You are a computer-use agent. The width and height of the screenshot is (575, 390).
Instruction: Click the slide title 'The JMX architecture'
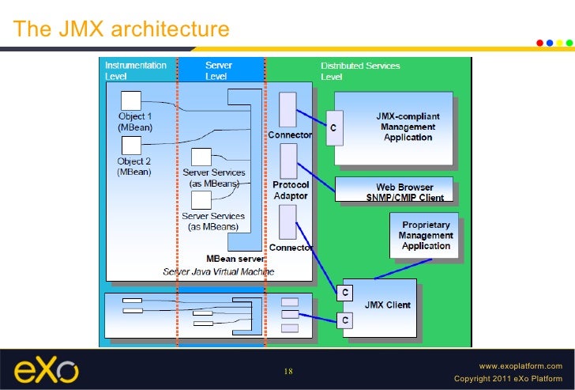coord(122,29)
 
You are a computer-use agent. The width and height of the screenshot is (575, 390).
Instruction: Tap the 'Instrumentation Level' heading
coord(136,71)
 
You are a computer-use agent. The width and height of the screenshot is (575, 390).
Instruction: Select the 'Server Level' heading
coord(218,71)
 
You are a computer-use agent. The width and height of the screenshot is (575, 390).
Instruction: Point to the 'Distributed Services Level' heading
coord(360,71)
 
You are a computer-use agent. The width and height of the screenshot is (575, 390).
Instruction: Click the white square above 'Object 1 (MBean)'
coord(130,101)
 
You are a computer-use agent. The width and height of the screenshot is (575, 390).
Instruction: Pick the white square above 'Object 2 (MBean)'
coord(130,145)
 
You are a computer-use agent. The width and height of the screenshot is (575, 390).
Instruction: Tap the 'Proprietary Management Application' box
coord(426,235)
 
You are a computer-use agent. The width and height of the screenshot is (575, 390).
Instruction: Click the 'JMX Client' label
coord(386,305)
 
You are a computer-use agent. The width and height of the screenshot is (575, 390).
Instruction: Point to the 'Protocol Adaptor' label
coord(291,190)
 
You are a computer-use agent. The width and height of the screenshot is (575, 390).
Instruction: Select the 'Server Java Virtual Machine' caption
coord(219,271)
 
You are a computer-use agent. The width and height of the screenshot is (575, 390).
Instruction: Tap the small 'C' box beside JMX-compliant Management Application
coord(334,129)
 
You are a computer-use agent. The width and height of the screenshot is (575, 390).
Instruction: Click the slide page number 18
coord(287,372)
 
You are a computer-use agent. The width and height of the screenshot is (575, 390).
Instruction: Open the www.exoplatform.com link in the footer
coord(521,366)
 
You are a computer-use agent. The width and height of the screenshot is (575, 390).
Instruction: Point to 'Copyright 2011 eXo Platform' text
coord(509,379)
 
